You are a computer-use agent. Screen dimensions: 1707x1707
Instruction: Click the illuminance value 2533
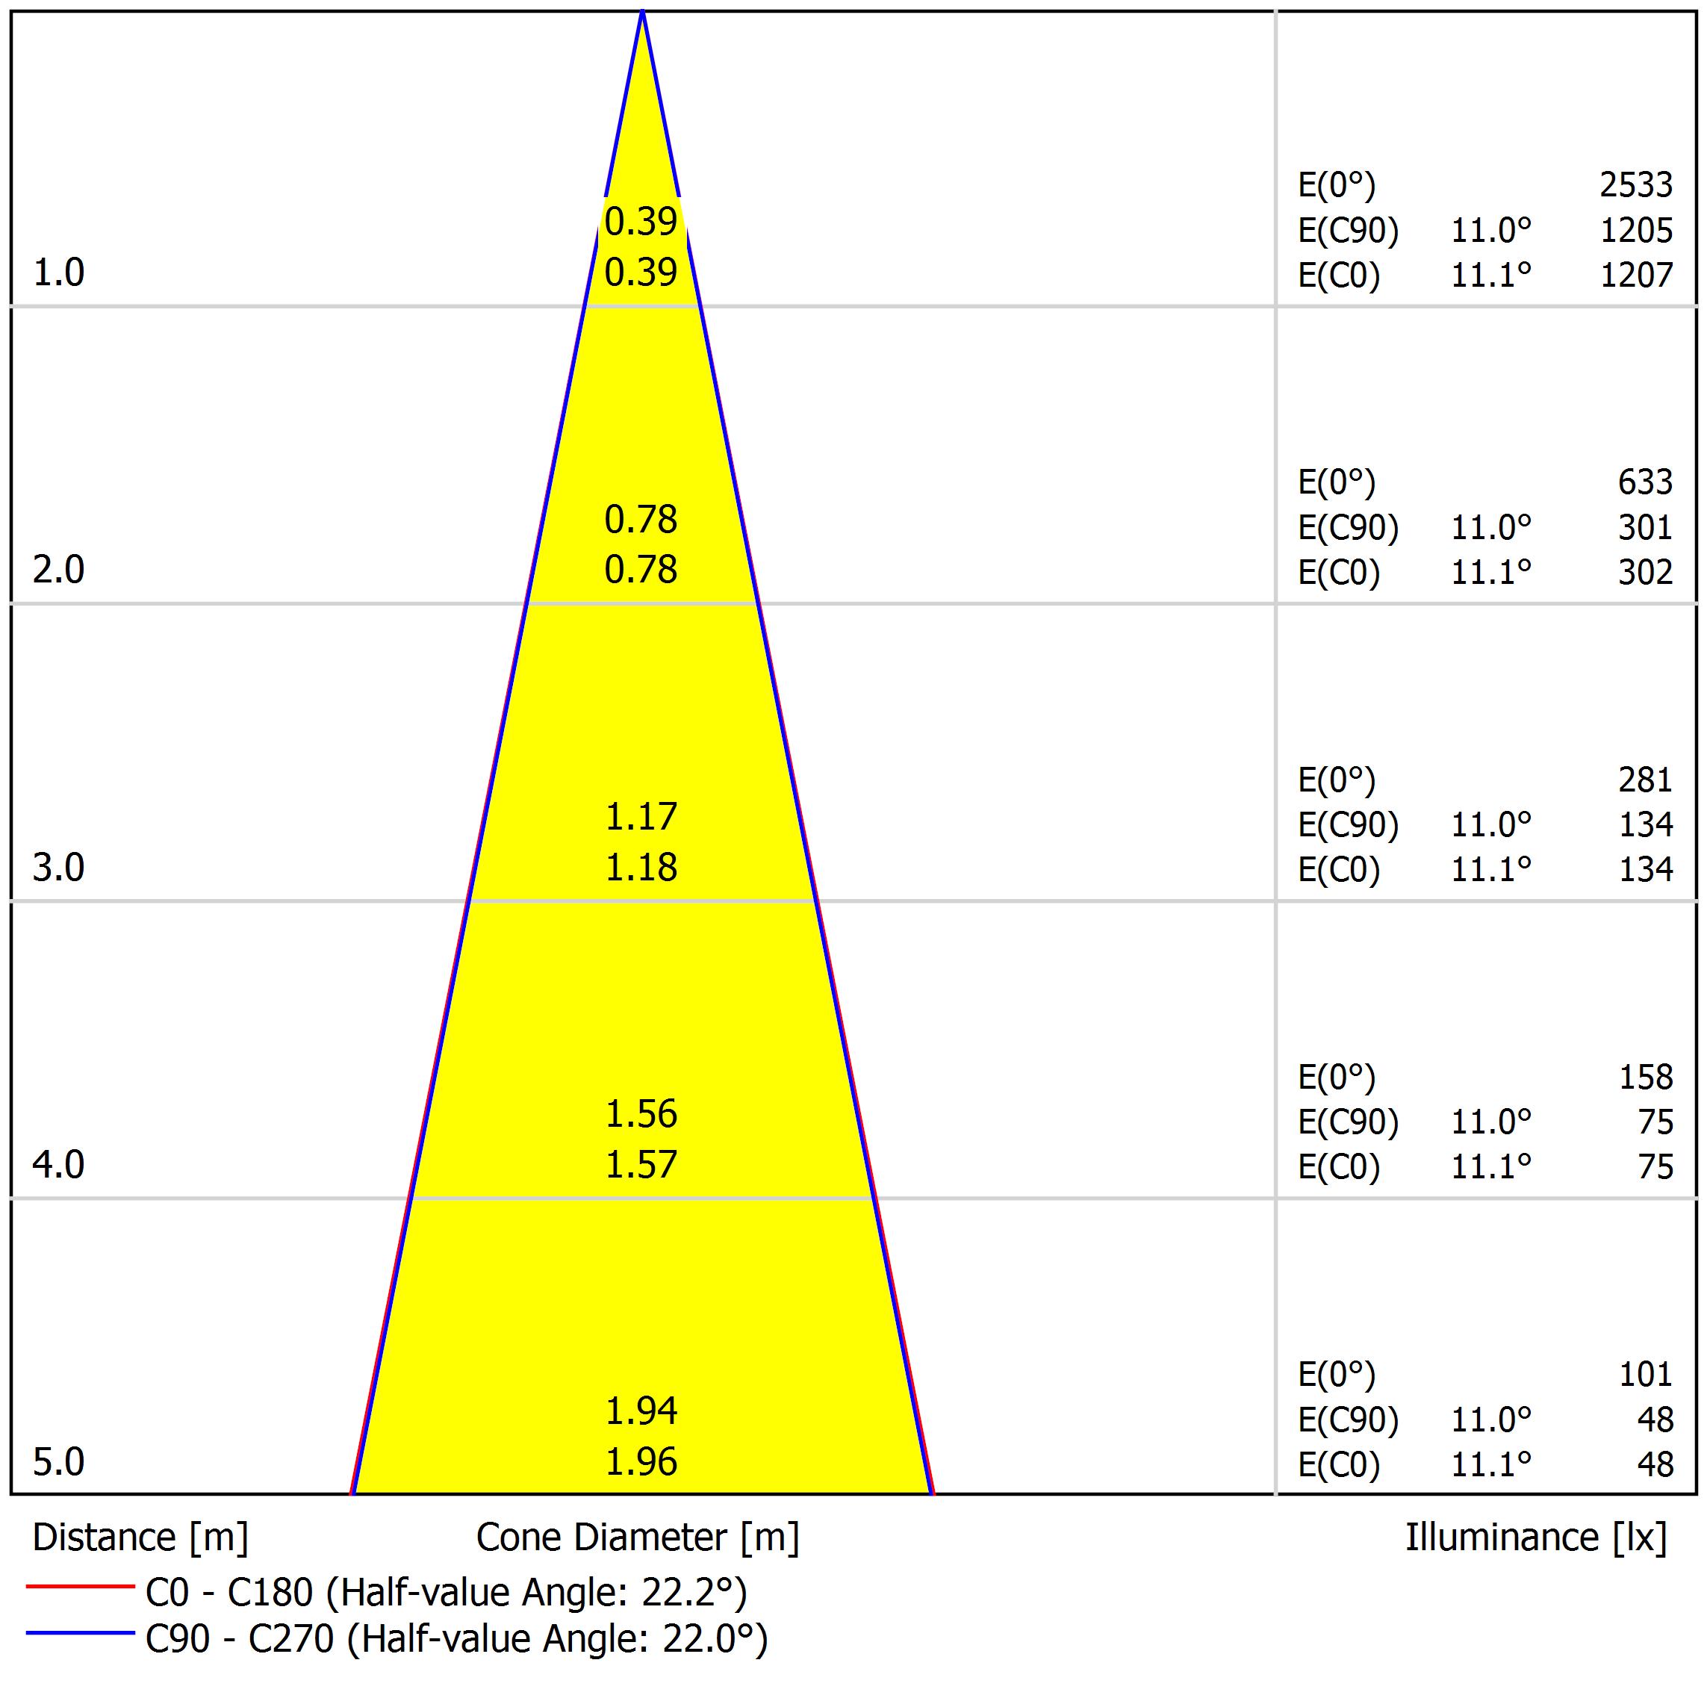[1635, 184]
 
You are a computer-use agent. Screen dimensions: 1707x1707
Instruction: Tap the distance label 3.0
[58, 868]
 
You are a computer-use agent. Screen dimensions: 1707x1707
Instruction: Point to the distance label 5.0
[58, 1462]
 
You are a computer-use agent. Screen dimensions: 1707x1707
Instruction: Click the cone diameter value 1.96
[641, 1462]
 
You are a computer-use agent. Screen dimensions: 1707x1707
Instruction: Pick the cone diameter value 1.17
[641, 816]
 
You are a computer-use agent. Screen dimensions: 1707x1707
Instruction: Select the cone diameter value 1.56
[641, 1114]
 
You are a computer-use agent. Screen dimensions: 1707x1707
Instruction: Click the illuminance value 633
[1644, 482]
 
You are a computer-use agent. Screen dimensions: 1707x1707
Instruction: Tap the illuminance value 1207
[1635, 276]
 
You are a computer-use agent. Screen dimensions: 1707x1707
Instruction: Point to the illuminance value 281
[1644, 780]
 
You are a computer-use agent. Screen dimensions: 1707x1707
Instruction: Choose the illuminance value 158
[1644, 1077]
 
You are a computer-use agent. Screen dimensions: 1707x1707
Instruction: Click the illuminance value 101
[1644, 1375]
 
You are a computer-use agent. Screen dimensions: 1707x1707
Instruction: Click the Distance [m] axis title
[140, 1538]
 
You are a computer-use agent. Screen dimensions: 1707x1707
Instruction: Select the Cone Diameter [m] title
[637, 1538]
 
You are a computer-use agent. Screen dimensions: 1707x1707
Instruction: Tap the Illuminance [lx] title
[1535, 1538]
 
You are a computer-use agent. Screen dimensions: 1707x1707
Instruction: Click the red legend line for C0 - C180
[79, 1587]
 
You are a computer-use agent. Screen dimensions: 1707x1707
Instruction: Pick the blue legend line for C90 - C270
[79, 1633]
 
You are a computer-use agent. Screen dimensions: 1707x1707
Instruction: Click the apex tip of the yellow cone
[642, 13]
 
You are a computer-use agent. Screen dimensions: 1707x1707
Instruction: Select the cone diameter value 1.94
[641, 1412]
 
